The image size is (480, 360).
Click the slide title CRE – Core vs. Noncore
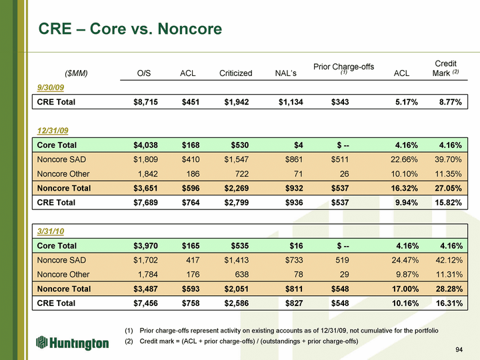click(x=130, y=29)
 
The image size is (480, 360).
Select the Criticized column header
click(x=235, y=73)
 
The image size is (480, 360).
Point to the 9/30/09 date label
click(x=50, y=87)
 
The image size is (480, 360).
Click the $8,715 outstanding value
click(x=146, y=102)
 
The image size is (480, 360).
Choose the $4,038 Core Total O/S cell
click(x=146, y=145)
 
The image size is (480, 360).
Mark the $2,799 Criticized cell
click(x=238, y=202)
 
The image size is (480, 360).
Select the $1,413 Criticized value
click(x=238, y=260)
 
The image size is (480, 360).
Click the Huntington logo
click(x=73, y=343)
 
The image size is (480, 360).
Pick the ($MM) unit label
click(x=76, y=73)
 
